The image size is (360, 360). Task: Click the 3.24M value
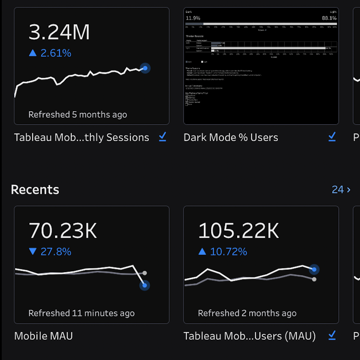click(59, 32)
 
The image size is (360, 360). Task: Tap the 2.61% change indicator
click(50, 53)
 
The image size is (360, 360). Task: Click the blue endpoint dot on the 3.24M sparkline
click(145, 68)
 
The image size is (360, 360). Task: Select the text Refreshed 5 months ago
click(78, 115)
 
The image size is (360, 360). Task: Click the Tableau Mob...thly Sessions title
click(81, 138)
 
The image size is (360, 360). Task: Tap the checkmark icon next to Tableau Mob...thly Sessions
click(162, 137)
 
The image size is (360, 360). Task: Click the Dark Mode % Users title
click(231, 138)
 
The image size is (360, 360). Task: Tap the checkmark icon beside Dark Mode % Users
click(332, 137)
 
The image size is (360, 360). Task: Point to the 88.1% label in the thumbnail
click(329, 18)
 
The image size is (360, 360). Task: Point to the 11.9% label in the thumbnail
click(193, 18)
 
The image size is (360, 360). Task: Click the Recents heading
click(35, 190)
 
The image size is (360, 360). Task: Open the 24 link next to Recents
click(341, 190)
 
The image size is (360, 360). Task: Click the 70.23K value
click(63, 231)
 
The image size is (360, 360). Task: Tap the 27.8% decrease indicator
click(50, 252)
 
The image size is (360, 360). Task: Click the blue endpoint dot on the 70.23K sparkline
click(145, 285)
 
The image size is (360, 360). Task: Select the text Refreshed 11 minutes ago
click(81, 313)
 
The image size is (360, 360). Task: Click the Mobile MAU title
click(43, 336)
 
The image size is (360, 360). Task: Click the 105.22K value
click(238, 231)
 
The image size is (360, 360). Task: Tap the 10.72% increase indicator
click(223, 252)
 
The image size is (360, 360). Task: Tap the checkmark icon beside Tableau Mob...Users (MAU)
click(332, 335)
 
